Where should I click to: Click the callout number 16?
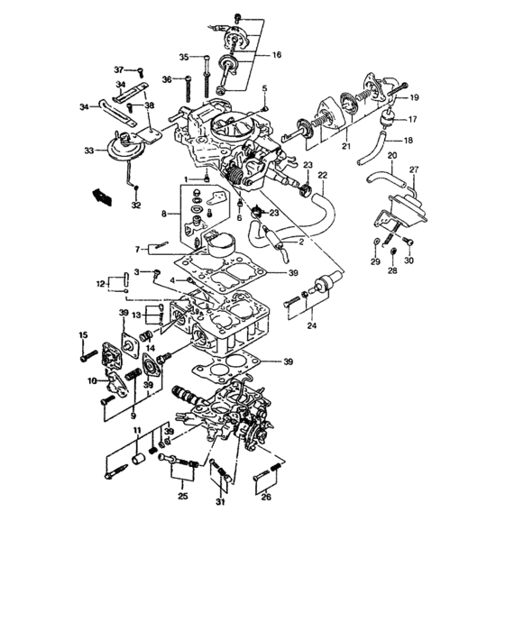coord(275,55)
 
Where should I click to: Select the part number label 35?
coord(183,57)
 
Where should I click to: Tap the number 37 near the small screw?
coord(119,69)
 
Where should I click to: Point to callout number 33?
coord(89,150)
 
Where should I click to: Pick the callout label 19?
coord(415,97)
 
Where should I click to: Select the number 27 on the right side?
coord(414,169)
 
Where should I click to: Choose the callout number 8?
coord(164,215)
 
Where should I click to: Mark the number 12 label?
coord(102,284)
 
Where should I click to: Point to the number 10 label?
coord(91,381)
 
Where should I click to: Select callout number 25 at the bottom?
coord(182,497)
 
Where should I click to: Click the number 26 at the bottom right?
coord(265,497)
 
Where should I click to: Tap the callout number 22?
coord(323,174)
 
